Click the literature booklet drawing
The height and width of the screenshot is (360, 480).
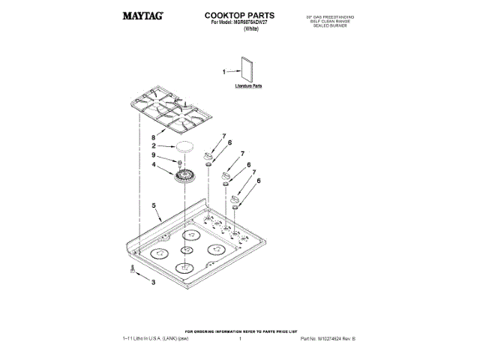tap(246, 70)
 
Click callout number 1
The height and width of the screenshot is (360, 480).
tap(223, 72)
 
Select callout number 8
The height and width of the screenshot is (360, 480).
tap(153, 137)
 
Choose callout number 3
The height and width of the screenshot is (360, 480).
tap(153, 282)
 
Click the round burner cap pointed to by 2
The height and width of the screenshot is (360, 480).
tap(184, 146)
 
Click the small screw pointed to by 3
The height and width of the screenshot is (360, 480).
tap(133, 272)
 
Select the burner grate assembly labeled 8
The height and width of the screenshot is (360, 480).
tap(169, 112)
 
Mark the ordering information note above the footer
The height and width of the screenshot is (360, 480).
tap(241, 331)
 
